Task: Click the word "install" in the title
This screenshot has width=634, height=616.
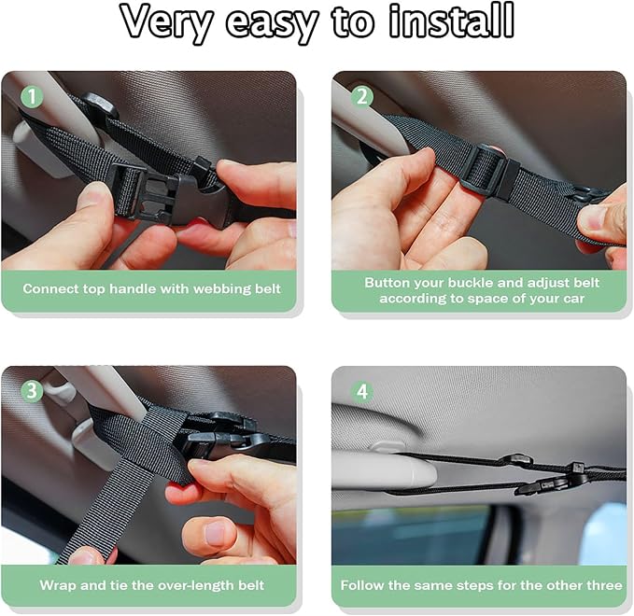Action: pyautogui.click(x=451, y=21)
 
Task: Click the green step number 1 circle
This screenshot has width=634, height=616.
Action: pyautogui.click(x=32, y=96)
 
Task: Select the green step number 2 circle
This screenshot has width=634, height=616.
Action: pyautogui.click(x=362, y=96)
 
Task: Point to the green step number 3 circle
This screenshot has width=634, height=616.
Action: pyautogui.click(x=32, y=391)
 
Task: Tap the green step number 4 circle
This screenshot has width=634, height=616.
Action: pyautogui.click(x=362, y=391)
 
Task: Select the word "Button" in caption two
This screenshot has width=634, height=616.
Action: pyautogui.click(x=387, y=283)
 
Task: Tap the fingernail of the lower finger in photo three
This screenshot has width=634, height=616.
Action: pyautogui.click(x=215, y=533)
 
